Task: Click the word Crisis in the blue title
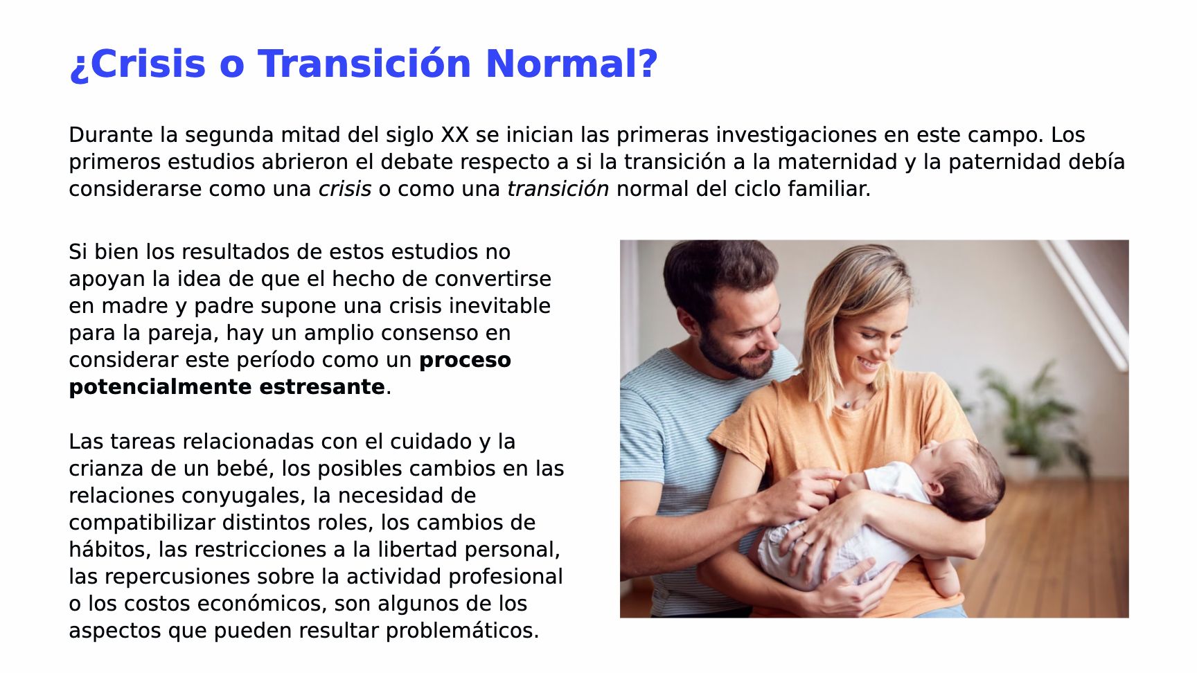148,64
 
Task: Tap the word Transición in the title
365,64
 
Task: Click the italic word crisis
345,188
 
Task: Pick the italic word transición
558,188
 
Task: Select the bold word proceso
465,360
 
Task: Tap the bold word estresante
322,386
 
